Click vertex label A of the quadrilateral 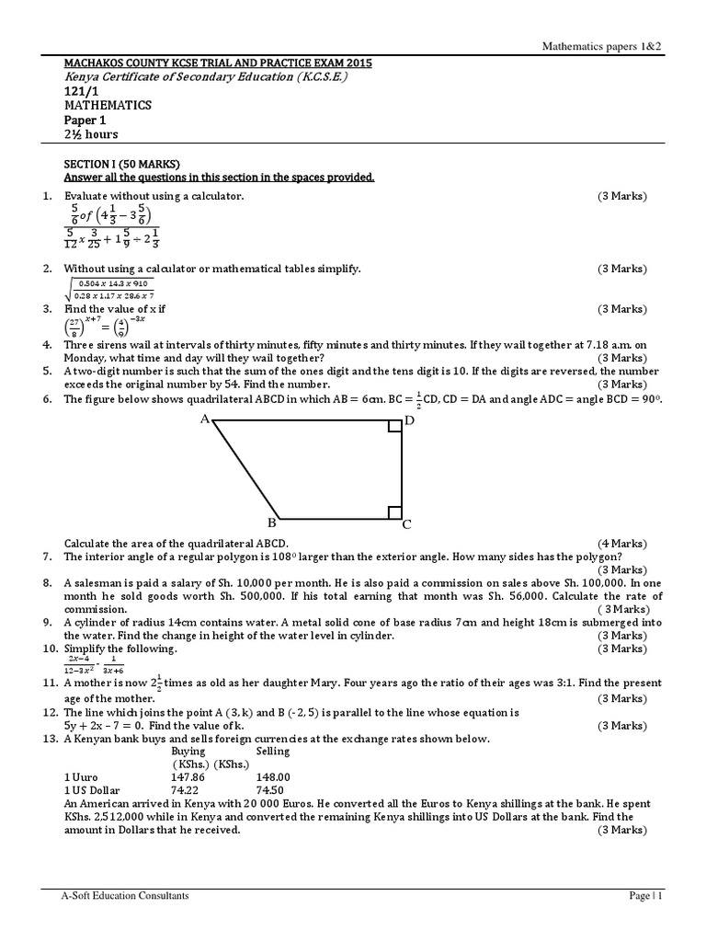[x=205, y=419]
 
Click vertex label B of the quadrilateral [x=272, y=523]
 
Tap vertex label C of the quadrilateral [x=407, y=525]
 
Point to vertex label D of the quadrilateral [x=410, y=420]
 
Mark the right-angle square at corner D [x=395, y=427]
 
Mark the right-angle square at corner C [x=395, y=512]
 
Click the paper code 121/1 [x=79, y=91]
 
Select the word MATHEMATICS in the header [x=108, y=105]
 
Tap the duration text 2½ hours [x=91, y=134]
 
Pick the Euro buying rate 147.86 [x=190, y=776]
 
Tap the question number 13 [x=50, y=739]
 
